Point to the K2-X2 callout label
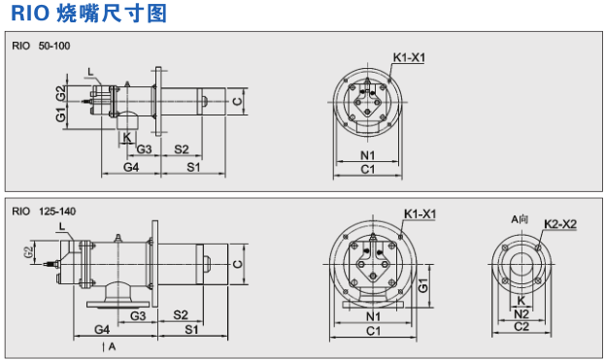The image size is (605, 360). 560,224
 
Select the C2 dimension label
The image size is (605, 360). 521,327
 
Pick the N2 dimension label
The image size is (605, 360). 521,313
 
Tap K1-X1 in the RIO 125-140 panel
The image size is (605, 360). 420,213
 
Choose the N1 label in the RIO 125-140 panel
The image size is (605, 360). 373,317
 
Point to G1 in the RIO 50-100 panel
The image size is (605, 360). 60,115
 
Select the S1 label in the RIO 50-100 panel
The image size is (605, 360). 192,168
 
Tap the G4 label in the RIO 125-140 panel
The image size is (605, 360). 101,330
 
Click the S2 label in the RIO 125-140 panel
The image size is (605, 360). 181,315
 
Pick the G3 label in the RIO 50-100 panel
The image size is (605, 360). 143,148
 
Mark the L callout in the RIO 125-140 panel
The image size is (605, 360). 61,226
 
